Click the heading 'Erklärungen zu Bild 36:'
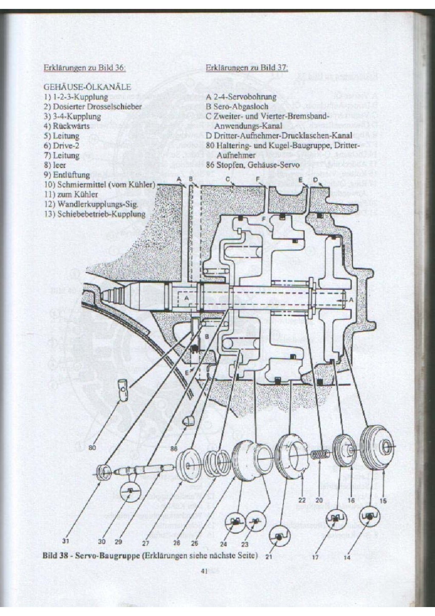[x=85, y=68]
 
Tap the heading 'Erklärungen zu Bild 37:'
[x=247, y=68]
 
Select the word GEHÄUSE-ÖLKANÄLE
[x=87, y=87]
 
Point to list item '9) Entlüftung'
[x=67, y=175]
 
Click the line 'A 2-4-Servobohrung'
[x=241, y=97]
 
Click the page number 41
[x=203, y=572]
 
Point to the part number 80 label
[x=93, y=448]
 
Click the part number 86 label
[x=173, y=449]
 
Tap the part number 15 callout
[x=383, y=501]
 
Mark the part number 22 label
[x=302, y=500]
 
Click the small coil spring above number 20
[x=320, y=454]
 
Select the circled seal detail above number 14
[x=369, y=517]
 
